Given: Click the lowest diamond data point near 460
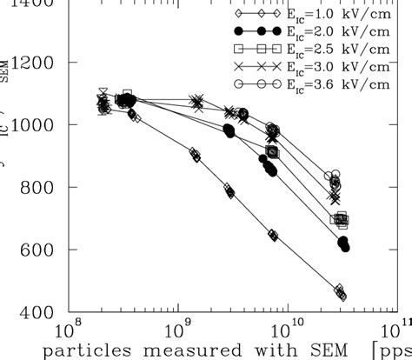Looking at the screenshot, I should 341,294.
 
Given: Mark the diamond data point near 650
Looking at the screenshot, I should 273,235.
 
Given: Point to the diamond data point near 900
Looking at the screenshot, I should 196,156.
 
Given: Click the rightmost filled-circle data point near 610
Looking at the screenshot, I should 345,247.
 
